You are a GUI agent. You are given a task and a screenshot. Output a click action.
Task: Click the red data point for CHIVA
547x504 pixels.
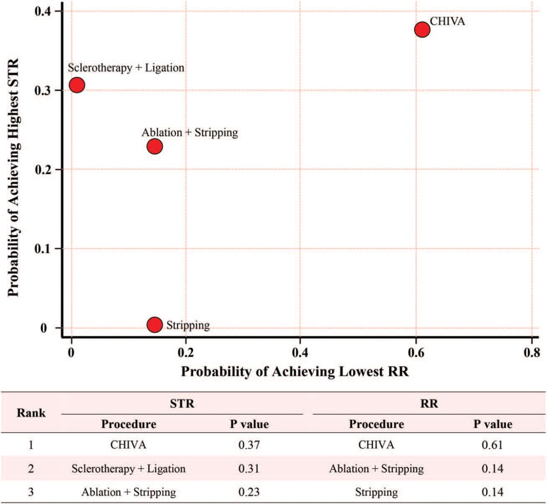(x=422, y=29)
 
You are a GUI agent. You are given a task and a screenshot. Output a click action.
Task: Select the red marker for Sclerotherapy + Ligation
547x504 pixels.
(x=77, y=85)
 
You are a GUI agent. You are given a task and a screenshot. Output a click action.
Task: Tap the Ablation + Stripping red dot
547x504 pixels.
(x=155, y=147)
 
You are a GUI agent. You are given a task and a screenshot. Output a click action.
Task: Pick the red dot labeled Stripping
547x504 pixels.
(x=155, y=325)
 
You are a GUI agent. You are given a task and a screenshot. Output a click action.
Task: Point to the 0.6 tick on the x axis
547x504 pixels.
(x=416, y=353)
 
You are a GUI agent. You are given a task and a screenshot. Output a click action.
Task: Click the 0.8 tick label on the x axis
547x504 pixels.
(x=531, y=353)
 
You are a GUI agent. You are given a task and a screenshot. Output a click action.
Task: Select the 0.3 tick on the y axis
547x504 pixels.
(x=42, y=91)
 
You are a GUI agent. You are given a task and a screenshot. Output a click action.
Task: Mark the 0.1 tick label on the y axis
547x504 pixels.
(x=42, y=249)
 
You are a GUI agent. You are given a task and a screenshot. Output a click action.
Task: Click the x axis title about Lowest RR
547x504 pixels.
(x=295, y=372)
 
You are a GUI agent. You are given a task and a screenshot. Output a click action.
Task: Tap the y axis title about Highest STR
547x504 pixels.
(x=14, y=177)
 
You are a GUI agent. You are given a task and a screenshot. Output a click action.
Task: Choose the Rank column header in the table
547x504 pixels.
(x=31, y=413)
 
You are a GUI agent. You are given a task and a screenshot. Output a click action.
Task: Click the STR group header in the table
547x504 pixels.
(x=182, y=404)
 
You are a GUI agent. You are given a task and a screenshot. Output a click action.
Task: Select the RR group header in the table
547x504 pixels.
(x=429, y=404)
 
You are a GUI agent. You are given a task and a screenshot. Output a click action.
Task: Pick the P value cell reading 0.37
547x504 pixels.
(x=249, y=445)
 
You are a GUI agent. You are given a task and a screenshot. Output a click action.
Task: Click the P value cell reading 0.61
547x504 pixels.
(x=492, y=445)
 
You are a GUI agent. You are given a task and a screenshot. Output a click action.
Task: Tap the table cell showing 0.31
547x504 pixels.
(x=249, y=469)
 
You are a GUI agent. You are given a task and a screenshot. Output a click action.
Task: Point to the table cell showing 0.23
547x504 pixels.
(x=249, y=492)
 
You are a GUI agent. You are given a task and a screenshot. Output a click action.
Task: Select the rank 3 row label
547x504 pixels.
(x=31, y=492)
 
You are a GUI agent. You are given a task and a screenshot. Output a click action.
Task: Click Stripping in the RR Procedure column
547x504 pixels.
(x=376, y=492)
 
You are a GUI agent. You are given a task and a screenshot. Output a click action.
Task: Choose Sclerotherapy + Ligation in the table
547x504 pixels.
(x=129, y=469)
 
